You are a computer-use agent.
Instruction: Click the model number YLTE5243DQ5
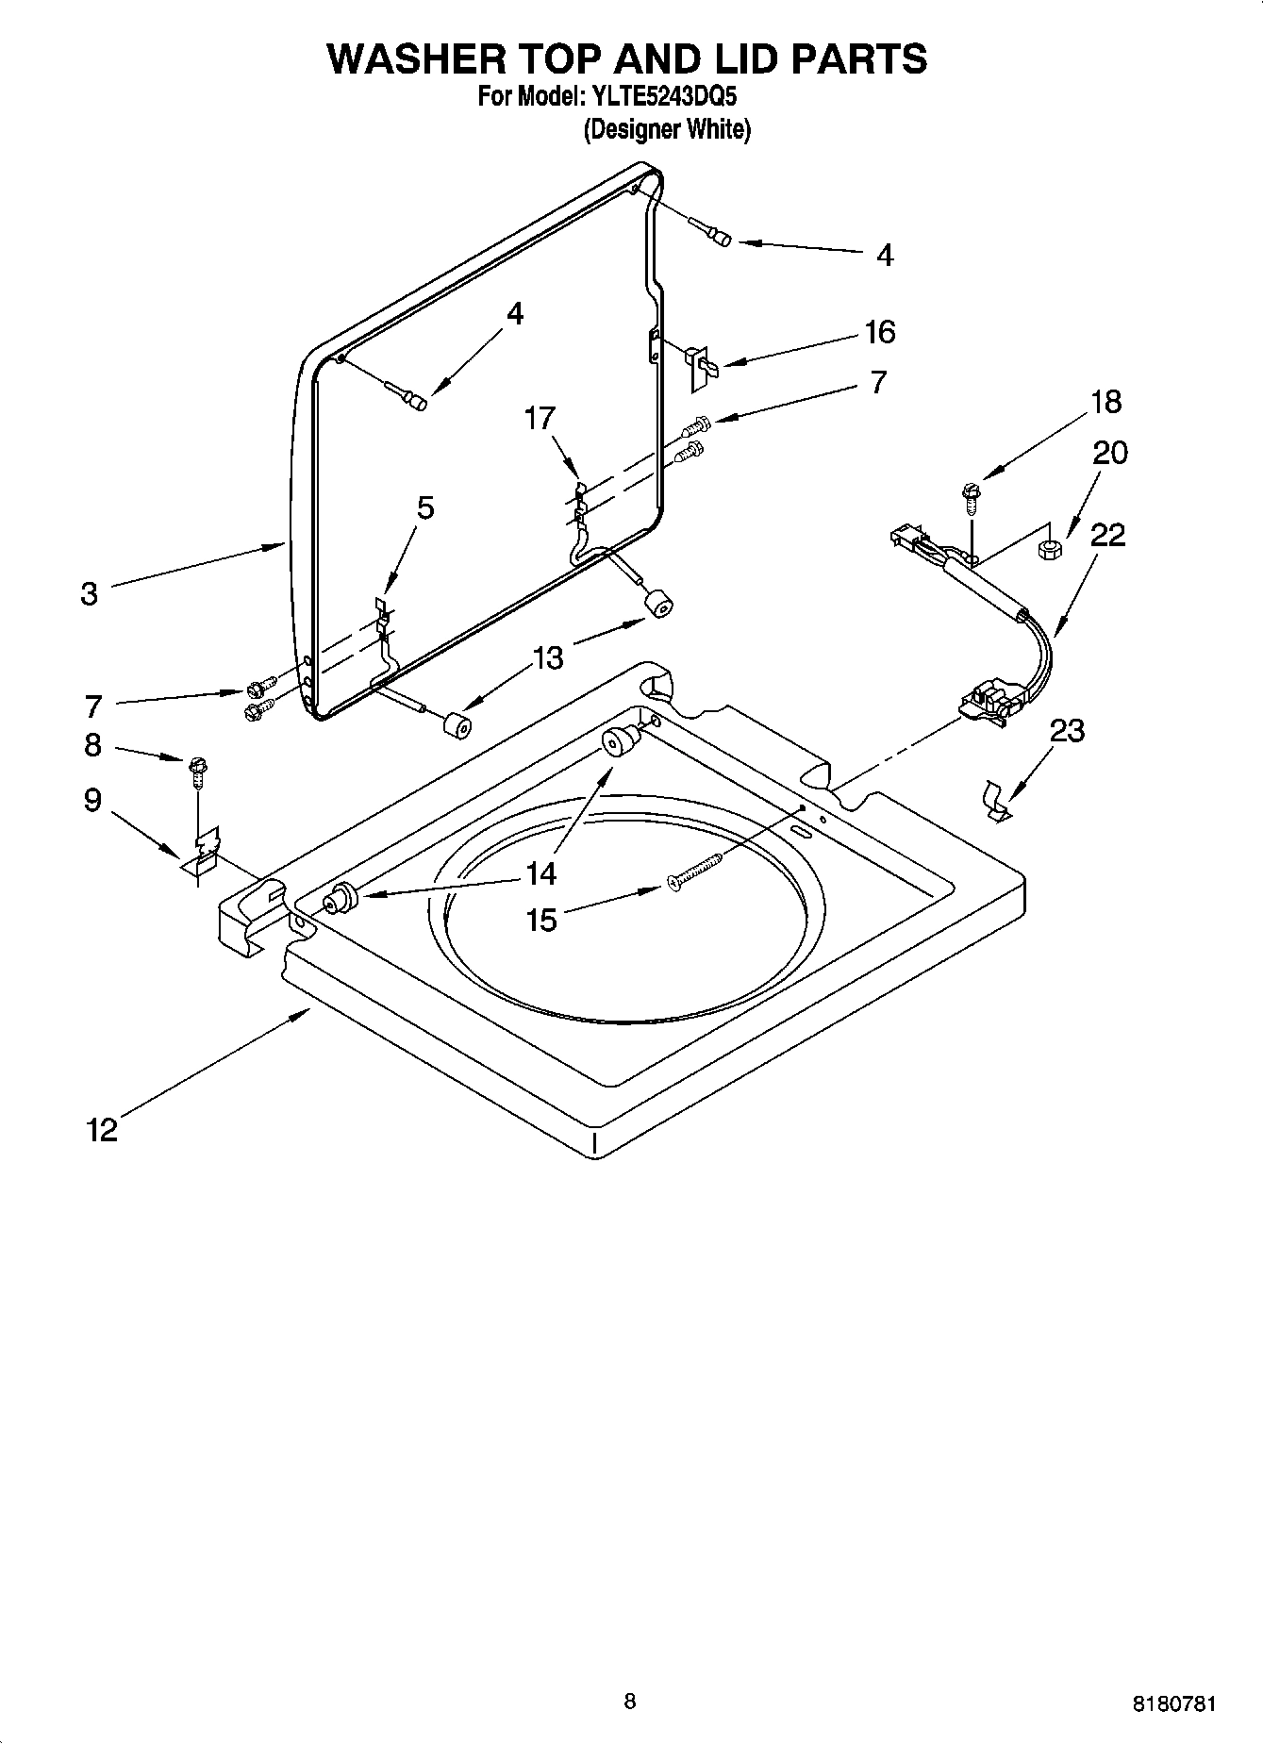(663, 96)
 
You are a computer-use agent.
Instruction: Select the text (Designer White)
(667, 129)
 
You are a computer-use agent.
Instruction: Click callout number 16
(879, 332)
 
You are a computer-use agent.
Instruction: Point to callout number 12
(102, 1129)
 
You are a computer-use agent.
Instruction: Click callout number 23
(1067, 730)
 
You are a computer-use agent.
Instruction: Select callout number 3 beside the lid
(89, 594)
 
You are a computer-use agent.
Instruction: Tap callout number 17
(540, 418)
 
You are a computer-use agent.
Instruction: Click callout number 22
(1107, 535)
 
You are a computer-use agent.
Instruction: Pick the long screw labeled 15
(694, 871)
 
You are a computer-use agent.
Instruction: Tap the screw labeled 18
(971, 495)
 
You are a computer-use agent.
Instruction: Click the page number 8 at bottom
(630, 1701)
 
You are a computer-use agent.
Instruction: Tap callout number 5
(425, 507)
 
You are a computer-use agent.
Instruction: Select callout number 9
(92, 800)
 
